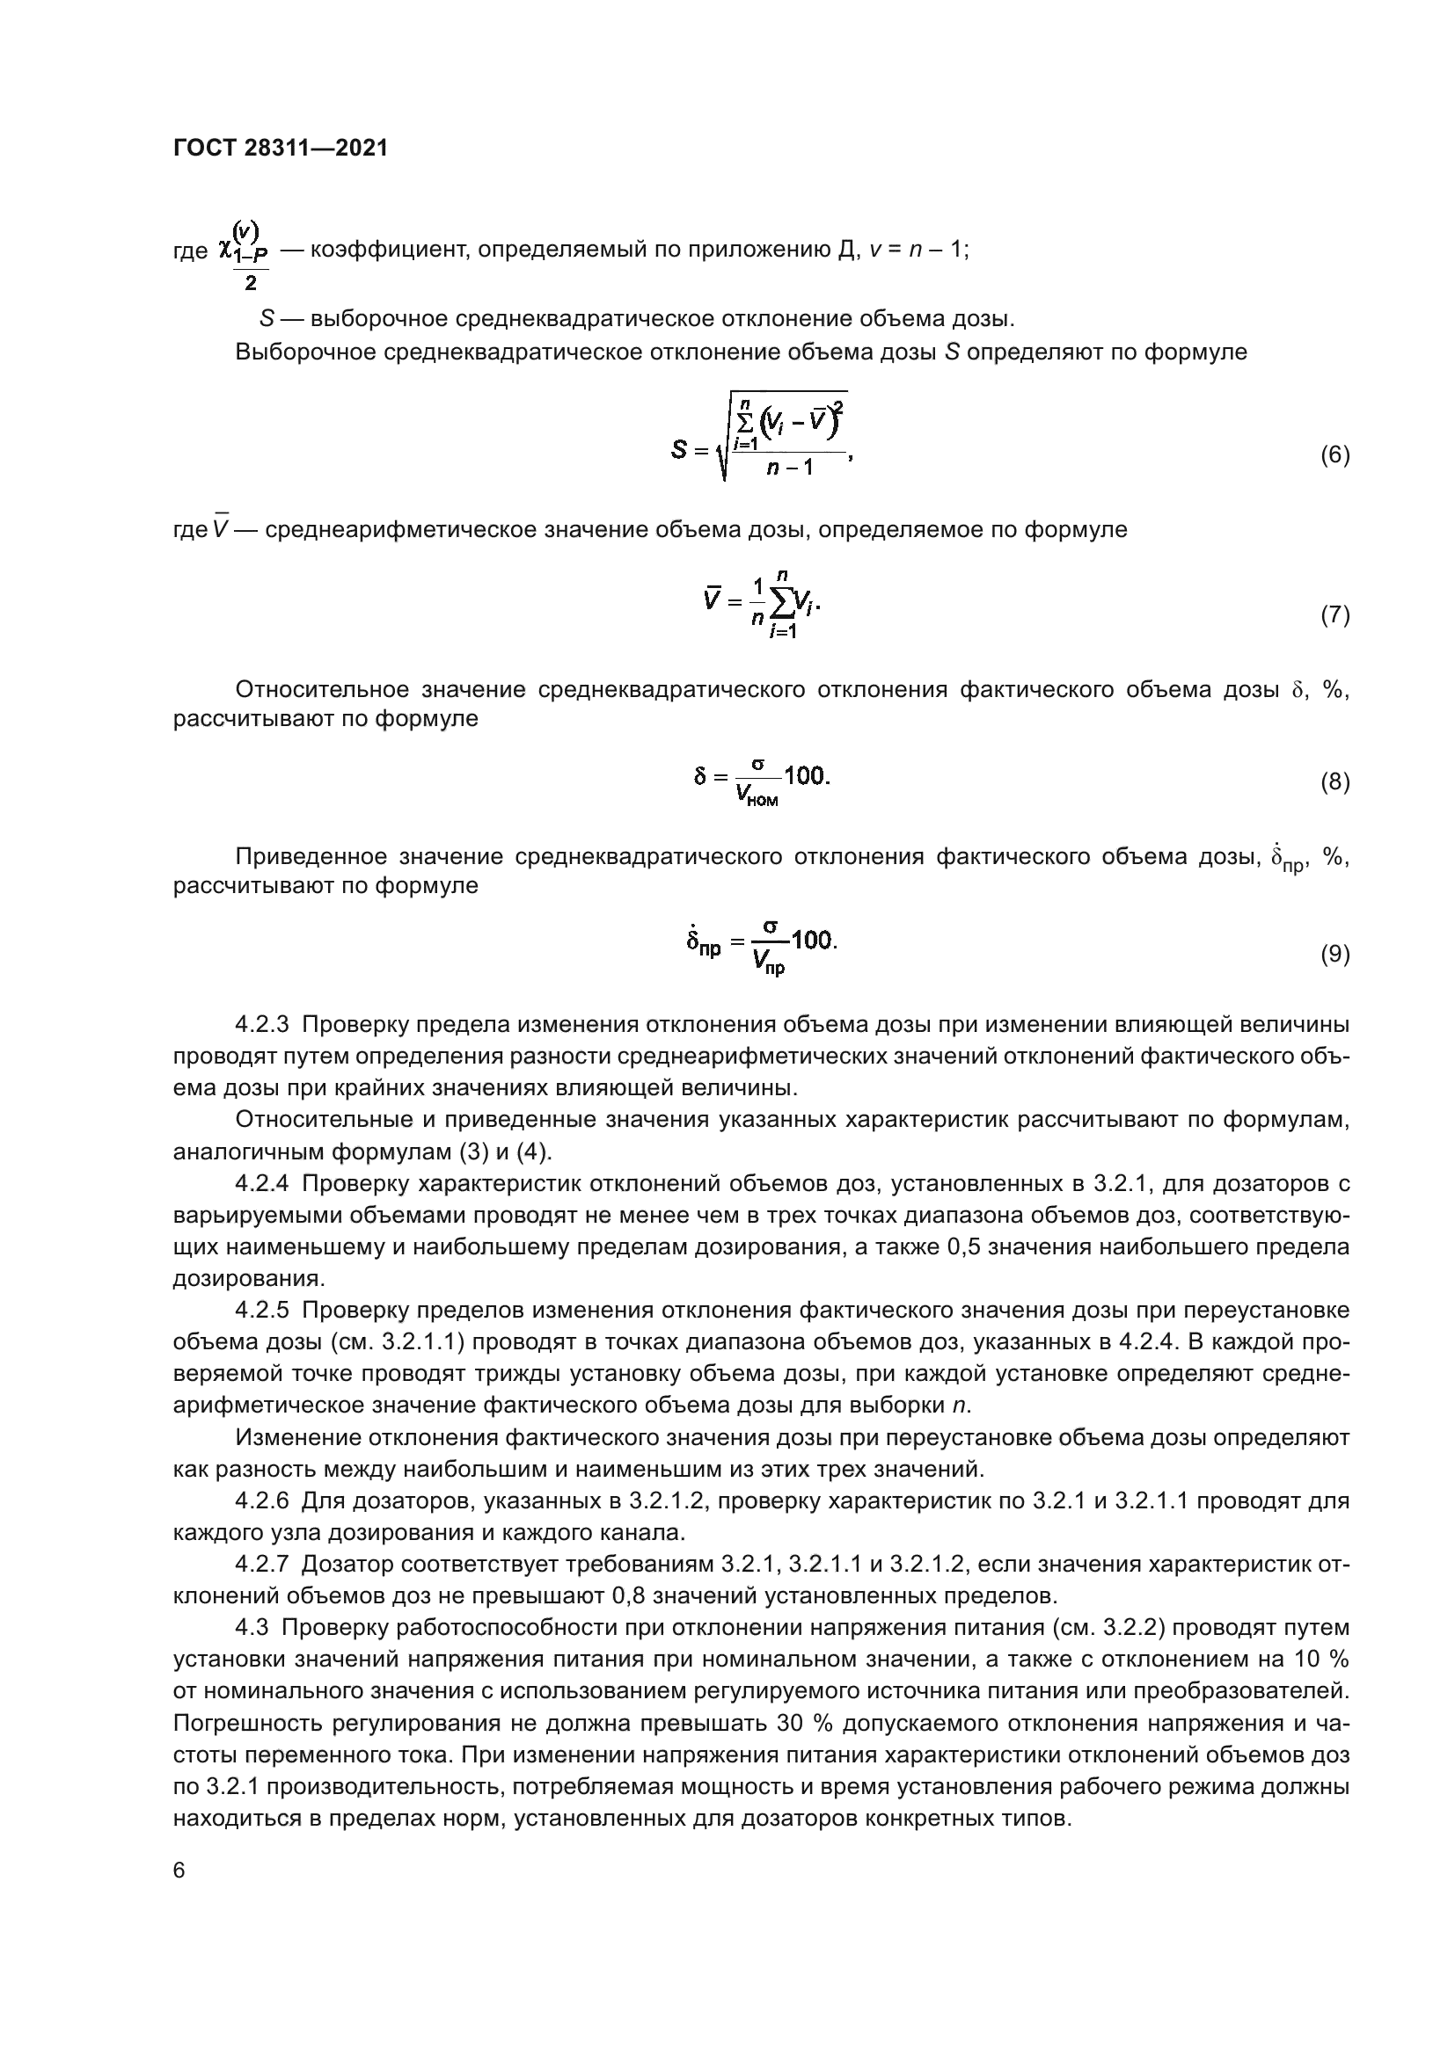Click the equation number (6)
point(1334,456)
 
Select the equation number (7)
point(1334,615)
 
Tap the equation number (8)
point(1334,782)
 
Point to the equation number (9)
point(1334,955)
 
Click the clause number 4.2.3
point(261,1024)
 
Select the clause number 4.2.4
point(261,1184)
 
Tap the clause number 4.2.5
point(261,1311)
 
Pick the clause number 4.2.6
point(261,1500)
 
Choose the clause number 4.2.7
point(261,1565)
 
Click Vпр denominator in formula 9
point(768,963)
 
